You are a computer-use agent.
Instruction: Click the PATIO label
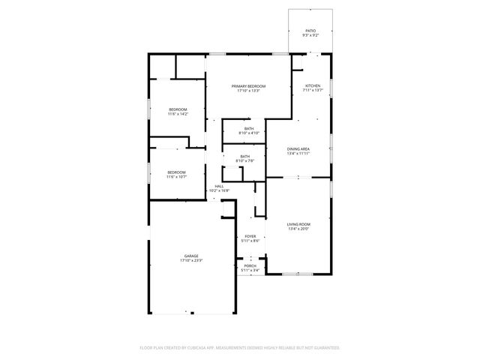pyautogui.click(x=310, y=31)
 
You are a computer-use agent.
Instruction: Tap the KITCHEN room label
pyautogui.click(x=313, y=86)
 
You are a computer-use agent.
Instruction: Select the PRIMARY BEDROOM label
pyautogui.click(x=248, y=86)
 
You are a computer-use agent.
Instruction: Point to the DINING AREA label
pyautogui.click(x=298, y=149)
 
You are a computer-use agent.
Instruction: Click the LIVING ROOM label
pyautogui.click(x=298, y=224)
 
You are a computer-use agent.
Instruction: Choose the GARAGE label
pyautogui.click(x=191, y=256)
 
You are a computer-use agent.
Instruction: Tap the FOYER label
pyautogui.click(x=250, y=236)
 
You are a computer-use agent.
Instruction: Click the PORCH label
pyautogui.click(x=250, y=265)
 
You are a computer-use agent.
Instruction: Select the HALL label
pyautogui.click(x=219, y=186)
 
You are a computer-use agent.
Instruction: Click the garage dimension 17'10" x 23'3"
pyautogui.click(x=191, y=261)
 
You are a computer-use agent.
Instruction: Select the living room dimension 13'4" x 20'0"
pyautogui.click(x=298, y=229)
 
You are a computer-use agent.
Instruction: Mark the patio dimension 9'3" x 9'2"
pyautogui.click(x=310, y=35)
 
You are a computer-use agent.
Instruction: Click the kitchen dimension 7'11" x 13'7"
pyautogui.click(x=313, y=91)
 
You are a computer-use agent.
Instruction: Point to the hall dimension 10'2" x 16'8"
pyautogui.click(x=219, y=190)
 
